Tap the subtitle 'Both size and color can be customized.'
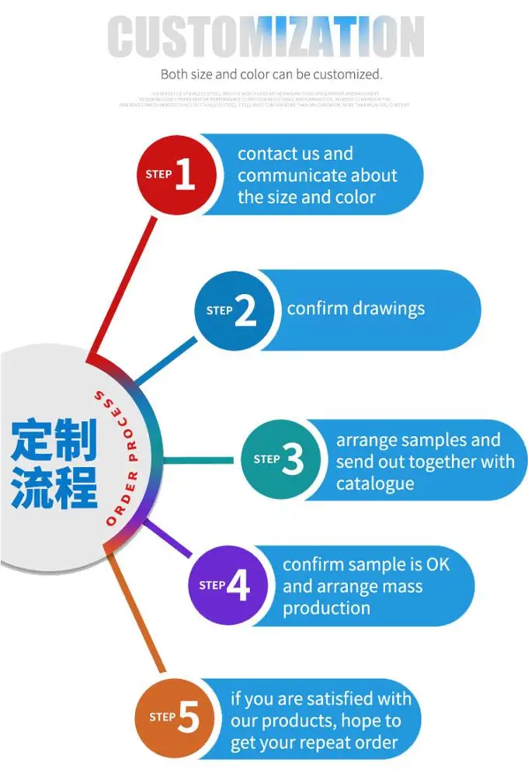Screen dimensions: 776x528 coord(271,74)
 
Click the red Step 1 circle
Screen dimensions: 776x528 coord(173,175)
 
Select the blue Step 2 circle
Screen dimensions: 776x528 coord(234,310)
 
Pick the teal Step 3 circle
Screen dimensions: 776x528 coord(280,459)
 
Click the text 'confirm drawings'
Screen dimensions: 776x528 coord(356,308)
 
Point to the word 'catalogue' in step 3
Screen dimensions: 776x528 coord(375,483)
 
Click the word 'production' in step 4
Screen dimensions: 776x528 coord(326,608)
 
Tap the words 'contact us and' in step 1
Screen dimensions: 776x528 coord(295,154)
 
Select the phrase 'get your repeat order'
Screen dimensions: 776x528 coord(314,743)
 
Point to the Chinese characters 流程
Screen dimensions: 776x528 coord(54,486)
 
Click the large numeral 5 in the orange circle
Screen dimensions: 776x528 coord(189,718)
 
